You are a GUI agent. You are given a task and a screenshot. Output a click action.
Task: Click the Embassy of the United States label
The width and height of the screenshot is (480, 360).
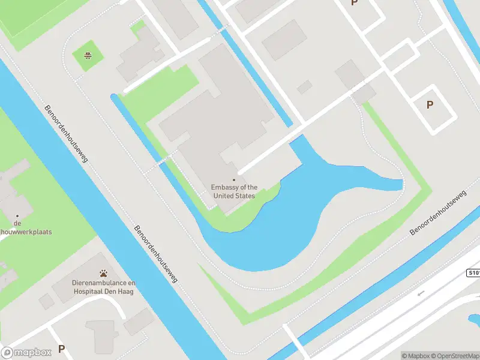pyautogui.click(x=234, y=191)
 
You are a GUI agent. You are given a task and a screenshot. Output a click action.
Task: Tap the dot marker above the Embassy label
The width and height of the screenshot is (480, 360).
pyautogui.click(x=234, y=179)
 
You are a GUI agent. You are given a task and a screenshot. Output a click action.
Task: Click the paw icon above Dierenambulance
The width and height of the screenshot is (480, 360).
pyautogui.click(x=104, y=273)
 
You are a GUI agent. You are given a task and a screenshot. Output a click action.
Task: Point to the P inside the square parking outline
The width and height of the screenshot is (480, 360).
pyautogui.click(x=430, y=105)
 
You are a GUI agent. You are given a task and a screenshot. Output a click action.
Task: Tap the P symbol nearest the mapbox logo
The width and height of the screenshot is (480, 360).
pyautogui.click(x=61, y=349)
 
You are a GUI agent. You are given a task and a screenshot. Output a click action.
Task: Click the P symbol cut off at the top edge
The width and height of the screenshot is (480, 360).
pyautogui.click(x=354, y=3)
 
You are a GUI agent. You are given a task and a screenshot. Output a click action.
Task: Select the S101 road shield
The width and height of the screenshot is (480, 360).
pyautogui.click(x=473, y=273)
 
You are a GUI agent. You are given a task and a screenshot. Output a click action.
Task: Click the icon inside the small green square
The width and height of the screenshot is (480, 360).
pyautogui.click(x=88, y=56)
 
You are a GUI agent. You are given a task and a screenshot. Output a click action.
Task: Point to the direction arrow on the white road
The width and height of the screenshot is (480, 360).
pyautogui.click(x=421, y=293)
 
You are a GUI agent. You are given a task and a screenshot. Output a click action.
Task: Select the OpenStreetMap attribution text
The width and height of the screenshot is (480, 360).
pyautogui.click(x=455, y=356)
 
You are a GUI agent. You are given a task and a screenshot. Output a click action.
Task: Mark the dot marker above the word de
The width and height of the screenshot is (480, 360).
pyautogui.click(x=17, y=215)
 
